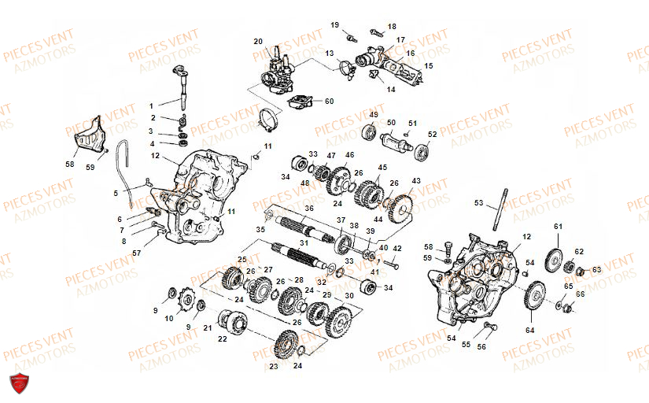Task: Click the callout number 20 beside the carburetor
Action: click(x=257, y=41)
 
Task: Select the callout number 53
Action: click(x=479, y=203)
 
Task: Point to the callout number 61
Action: click(x=558, y=227)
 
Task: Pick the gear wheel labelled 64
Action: click(x=537, y=300)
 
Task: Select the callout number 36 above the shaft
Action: click(x=309, y=209)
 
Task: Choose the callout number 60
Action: click(x=329, y=101)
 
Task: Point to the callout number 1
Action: click(x=153, y=104)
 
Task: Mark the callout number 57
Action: click(x=136, y=253)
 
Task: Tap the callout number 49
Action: click(x=374, y=115)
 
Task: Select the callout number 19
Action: click(x=334, y=25)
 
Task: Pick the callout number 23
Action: click(x=274, y=366)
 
